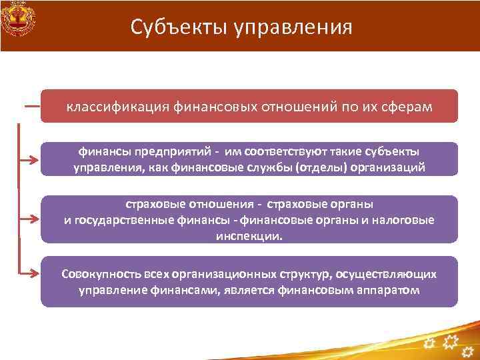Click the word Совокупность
coord(99,274)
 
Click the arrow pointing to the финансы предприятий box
coord(31,160)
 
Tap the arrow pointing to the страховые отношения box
coord(31,217)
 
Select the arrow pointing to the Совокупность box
coord(31,273)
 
